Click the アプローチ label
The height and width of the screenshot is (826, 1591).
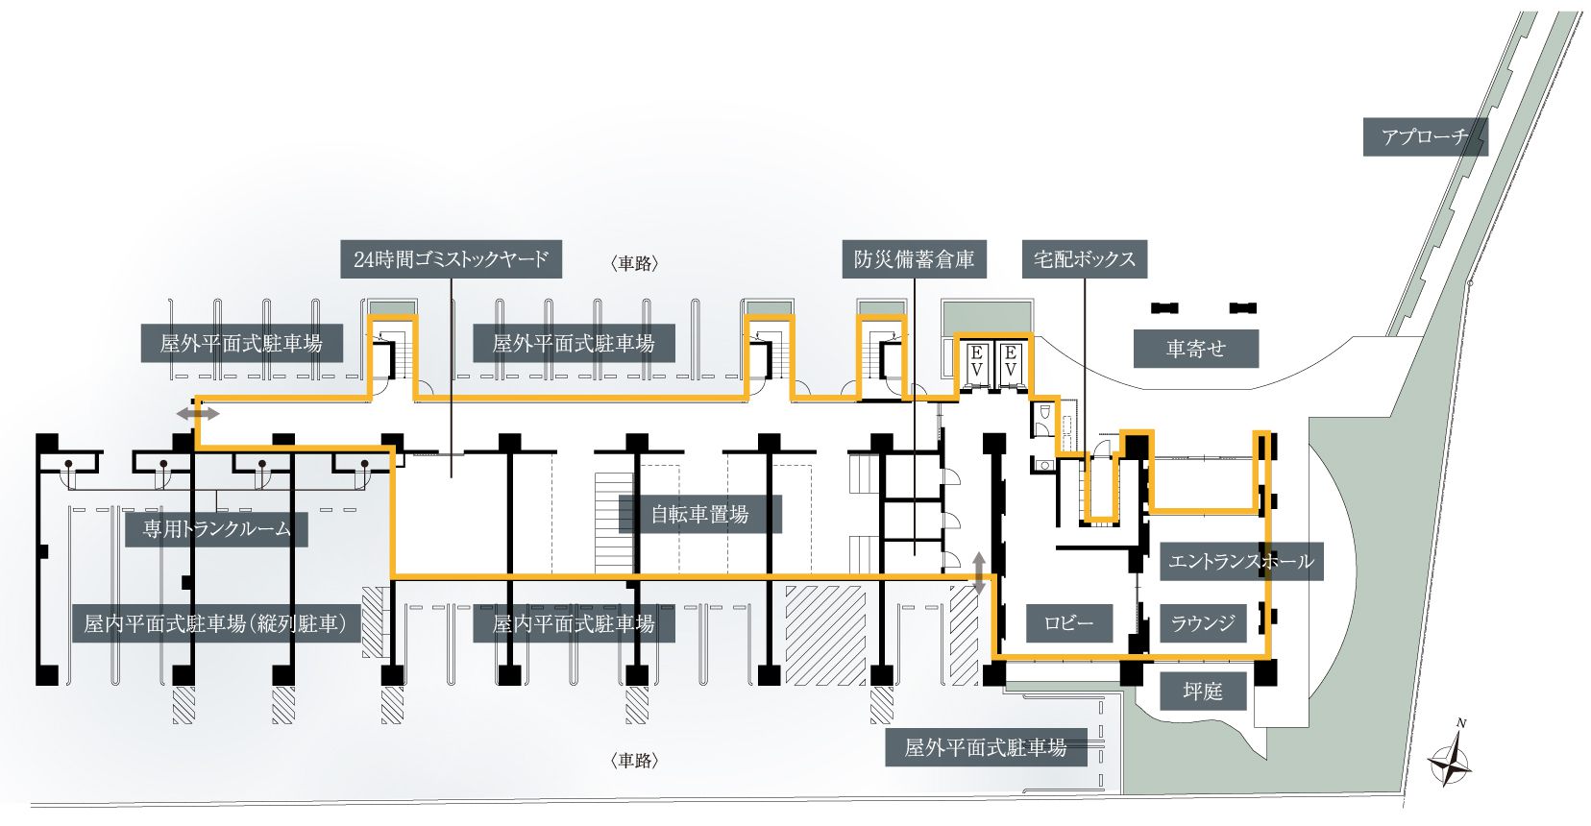click(1425, 136)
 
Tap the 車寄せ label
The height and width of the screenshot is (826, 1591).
click(1195, 349)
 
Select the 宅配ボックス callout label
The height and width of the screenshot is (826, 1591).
click(1085, 259)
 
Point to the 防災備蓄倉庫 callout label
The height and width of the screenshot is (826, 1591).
click(914, 259)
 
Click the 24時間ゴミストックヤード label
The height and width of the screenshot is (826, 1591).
click(451, 259)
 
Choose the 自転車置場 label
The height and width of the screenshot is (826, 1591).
click(700, 514)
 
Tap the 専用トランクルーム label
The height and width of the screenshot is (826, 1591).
click(216, 529)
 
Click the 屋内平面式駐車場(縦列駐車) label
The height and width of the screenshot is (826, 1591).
click(215, 623)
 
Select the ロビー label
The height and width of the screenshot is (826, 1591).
click(1069, 623)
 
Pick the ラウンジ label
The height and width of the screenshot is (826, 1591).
click(1203, 623)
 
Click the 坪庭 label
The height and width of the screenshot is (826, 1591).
click(1203, 692)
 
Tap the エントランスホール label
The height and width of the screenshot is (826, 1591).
click(1241, 562)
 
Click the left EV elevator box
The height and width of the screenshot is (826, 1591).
click(977, 361)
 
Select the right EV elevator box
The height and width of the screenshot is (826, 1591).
click(1011, 361)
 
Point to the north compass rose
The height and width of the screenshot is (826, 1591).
click(1449, 761)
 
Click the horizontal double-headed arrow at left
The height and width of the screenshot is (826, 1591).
click(198, 413)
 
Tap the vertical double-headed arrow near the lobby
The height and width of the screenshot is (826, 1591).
click(979, 572)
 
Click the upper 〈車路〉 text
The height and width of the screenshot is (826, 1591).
click(634, 263)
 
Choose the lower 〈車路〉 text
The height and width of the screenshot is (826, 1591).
click(634, 761)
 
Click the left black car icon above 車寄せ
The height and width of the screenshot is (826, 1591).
click(1164, 308)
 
